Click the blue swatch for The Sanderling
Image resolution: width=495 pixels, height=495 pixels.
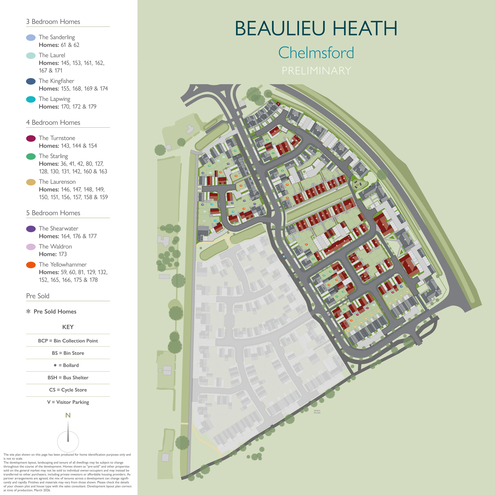[x=31, y=38]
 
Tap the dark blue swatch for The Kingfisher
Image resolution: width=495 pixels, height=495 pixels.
[x=31, y=81]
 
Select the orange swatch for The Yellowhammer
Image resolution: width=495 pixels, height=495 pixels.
[x=31, y=265]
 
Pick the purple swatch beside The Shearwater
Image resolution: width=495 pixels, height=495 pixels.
[x=31, y=229]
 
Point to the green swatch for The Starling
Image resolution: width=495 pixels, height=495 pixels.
[x=31, y=156]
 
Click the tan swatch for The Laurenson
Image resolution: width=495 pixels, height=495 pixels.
[x=31, y=182]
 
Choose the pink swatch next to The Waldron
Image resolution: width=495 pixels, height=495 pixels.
[x=31, y=247]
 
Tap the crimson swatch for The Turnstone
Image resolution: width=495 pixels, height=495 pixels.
[x=31, y=138]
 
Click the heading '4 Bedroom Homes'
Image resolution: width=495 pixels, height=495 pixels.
[x=53, y=122]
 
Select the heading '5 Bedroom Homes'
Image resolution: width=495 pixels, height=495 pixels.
[x=53, y=213]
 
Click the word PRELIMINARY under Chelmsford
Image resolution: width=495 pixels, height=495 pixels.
[x=316, y=71]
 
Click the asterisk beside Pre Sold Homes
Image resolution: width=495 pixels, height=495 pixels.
[x=28, y=311]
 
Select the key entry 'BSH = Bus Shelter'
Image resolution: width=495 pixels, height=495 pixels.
[x=68, y=377]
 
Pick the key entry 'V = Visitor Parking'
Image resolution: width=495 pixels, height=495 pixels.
[x=68, y=402]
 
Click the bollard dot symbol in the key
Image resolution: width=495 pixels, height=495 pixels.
[x=55, y=365]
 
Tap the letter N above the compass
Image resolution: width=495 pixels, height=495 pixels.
[x=68, y=415]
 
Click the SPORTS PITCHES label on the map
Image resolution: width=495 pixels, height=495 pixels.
[x=317, y=412]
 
